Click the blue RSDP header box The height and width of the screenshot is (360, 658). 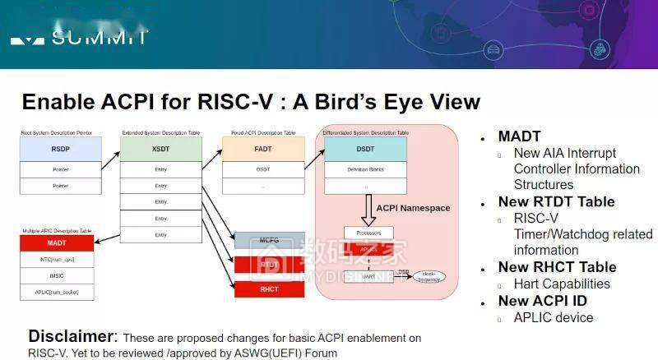pyautogui.click(x=61, y=150)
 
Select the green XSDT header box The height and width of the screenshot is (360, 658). pyautogui.click(x=160, y=150)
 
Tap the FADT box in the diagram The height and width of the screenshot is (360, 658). pyautogui.click(x=262, y=150)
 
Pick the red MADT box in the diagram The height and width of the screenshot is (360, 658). pyautogui.click(x=56, y=244)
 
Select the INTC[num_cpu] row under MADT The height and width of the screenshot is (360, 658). pyautogui.click(x=56, y=260)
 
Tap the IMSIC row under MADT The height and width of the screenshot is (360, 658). pyautogui.click(x=56, y=276)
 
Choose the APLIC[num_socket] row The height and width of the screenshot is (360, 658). pyautogui.click(x=56, y=293)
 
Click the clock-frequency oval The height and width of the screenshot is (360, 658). pyautogui.click(x=427, y=275)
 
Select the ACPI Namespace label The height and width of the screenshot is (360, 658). pyautogui.click(x=414, y=208)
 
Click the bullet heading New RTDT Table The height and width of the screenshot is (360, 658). pyautogui.click(x=556, y=201)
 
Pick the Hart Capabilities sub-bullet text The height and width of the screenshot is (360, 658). pyautogui.click(x=562, y=284)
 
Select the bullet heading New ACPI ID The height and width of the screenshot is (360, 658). pyautogui.click(x=546, y=301)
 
